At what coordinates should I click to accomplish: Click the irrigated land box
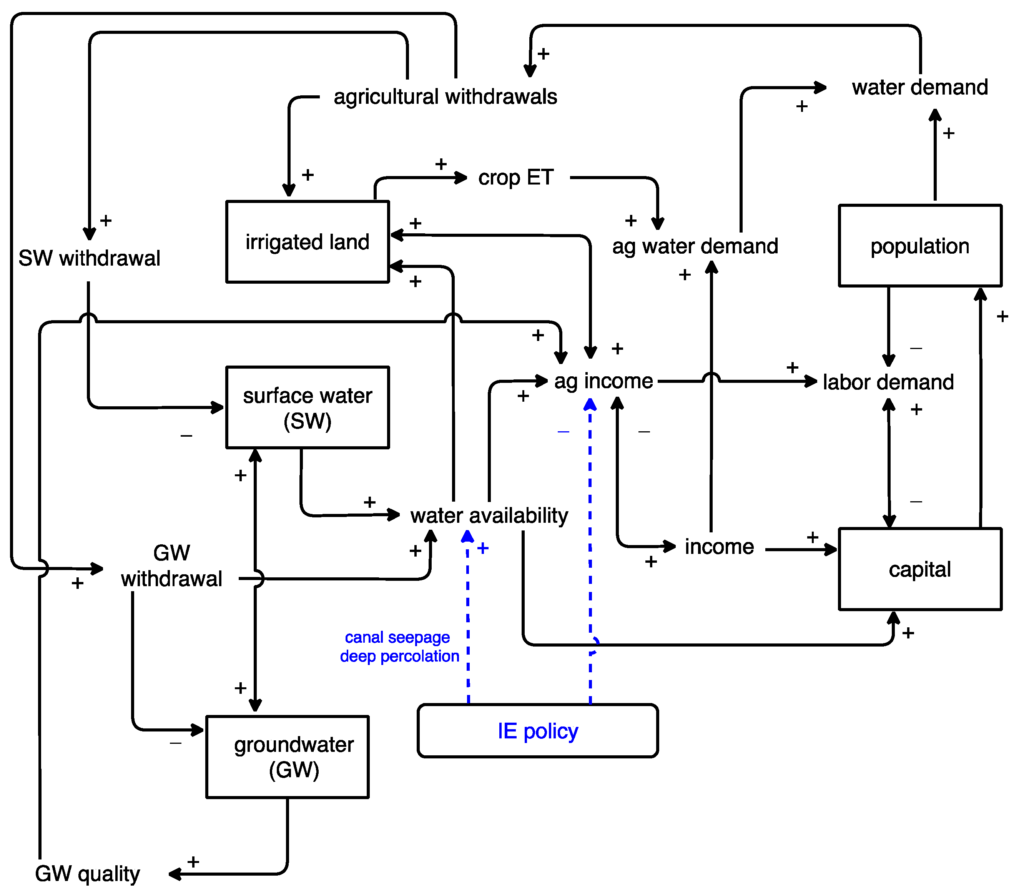click(307, 242)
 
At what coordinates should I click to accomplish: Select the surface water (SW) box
click(307, 407)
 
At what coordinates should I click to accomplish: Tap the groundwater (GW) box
click(287, 757)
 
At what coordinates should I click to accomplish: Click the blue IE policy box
click(537, 731)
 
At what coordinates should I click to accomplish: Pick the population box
click(920, 246)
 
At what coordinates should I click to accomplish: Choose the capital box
click(920, 569)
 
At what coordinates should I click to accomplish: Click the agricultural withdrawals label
click(445, 97)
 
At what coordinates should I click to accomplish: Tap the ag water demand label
click(695, 246)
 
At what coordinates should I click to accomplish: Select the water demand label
click(920, 87)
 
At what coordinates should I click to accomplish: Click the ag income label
click(603, 381)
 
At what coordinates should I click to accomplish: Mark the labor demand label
click(888, 382)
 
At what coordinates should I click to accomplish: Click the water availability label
click(489, 515)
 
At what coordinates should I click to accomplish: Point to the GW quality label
click(87, 874)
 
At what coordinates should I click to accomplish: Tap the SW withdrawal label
click(89, 258)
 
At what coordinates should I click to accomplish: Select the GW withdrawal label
click(171, 566)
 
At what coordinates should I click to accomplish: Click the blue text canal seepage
click(397, 637)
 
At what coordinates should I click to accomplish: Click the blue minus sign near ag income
click(564, 432)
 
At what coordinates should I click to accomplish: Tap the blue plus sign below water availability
click(482, 549)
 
